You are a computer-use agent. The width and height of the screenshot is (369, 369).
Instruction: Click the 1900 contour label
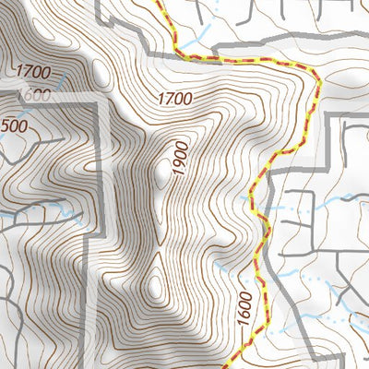[x=179, y=158]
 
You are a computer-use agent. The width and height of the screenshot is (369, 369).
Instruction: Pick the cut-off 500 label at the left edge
[x=11, y=125]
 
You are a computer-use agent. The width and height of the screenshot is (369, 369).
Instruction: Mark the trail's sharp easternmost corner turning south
[x=319, y=81]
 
